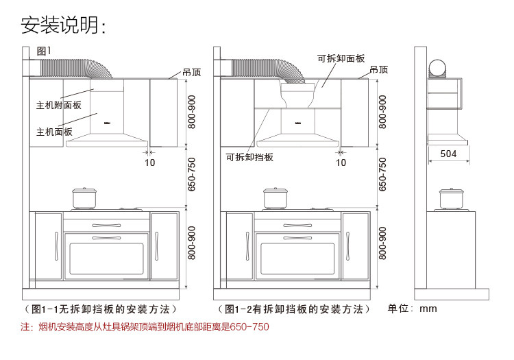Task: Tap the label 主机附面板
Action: coord(59,105)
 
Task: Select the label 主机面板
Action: coord(54,132)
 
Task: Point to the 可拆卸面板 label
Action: coord(341,58)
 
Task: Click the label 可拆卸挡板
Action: coord(249,157)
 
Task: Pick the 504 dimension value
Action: coord(448,154)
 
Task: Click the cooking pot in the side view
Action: coord(452,199)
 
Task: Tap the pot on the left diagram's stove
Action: coord(84,198)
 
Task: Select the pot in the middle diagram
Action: coord(276,198)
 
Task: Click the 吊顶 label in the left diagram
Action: coord(192,72)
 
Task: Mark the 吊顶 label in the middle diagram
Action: coord(378,69)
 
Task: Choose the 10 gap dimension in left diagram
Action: coord(150,163)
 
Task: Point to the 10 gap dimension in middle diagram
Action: coord(341,163)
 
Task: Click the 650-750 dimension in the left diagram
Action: coord(191,175)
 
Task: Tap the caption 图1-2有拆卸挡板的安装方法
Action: coord(294,309)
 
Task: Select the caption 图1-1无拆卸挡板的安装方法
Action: coord(101,309)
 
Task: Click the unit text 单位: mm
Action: coord(412,309)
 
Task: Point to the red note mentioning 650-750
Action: coord(145,326)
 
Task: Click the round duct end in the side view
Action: coord(438,69)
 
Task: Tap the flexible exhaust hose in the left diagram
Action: coord(77,68)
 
